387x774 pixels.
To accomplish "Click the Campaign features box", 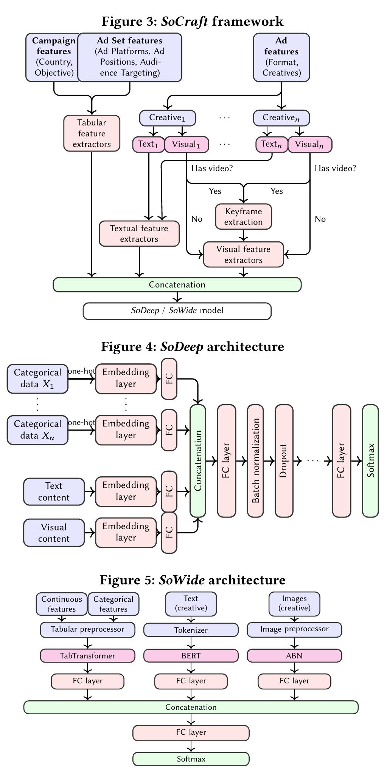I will click(x=53, y=57).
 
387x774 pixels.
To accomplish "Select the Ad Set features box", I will click(x=130, y=57).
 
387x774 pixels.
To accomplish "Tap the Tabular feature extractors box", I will click(x=92, y=133).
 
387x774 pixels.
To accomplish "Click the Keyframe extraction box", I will click(x=243, y=216).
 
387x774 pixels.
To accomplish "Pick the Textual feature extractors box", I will click(x=139, y=233).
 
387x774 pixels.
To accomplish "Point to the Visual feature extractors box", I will click(x=243, y=254).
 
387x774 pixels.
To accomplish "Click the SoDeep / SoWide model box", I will click(x=177, y=311).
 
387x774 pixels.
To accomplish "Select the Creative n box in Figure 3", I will click(x=281, y=118).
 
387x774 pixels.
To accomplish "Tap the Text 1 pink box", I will click(x=148, y=144).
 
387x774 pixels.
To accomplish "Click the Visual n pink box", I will click(x=309, y=145).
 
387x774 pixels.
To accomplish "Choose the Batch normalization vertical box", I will click(x=255, y=460).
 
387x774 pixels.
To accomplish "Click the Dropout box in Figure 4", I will click(x=284, y=460).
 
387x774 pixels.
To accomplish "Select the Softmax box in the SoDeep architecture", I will click(x=370, y=460).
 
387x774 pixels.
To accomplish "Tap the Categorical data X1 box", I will click(x=37, y=379).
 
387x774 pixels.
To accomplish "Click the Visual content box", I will click(x=54, y=533).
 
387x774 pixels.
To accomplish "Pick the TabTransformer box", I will click(x=87, y=656).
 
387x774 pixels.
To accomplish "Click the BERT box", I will click(x=191, y=656).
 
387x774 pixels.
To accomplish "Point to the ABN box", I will click(x=294, y=656).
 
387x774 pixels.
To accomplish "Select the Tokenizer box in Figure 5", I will click(x=191, y=630).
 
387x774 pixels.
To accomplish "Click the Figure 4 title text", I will click(x=193, y=346).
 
